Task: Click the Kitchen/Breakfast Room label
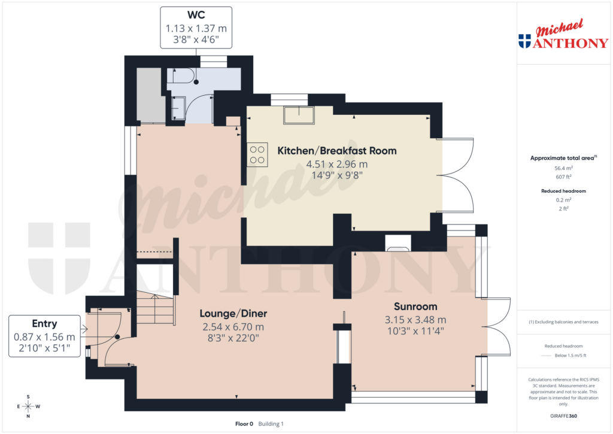(336, 151)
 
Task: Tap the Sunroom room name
(415, 306)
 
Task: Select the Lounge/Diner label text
(233, 313)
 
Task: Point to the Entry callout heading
(45, 324)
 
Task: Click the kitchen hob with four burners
(257, 155)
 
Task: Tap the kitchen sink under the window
(299, 115)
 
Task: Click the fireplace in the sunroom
(397, 242)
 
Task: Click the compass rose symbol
(28, 406)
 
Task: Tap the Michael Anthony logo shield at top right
(524, 41)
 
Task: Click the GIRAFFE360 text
(564, 415)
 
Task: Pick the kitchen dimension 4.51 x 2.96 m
(336, 164)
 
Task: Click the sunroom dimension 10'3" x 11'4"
(415, 330)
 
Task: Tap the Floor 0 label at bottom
(244, 424)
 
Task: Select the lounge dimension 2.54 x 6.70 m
(233, 326)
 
